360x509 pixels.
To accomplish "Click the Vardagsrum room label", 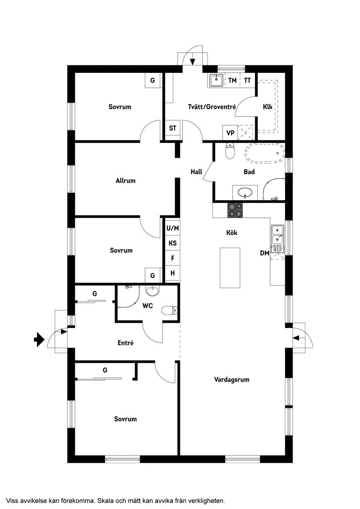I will point(232,379).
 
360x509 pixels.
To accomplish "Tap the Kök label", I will point(231,233).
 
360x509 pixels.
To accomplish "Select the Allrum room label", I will point(126,181).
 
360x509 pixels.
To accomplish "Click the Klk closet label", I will point(267,106).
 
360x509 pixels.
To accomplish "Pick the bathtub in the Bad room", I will point(264,154).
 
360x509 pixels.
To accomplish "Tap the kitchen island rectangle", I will point(230,267).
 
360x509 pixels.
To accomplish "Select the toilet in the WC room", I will point(169,311).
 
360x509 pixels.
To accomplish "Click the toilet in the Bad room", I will point(230,151).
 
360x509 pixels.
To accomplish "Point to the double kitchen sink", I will point(277,235).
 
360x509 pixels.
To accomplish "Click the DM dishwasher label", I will point(264,253).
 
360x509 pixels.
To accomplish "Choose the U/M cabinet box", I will point(172,228).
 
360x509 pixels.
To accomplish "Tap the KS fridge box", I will point(172,243).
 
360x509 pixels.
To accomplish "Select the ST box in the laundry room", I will point(173,128).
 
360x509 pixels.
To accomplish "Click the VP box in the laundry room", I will point(230,132).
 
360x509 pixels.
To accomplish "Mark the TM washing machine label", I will point(232,80).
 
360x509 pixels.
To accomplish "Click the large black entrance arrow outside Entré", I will point(39,339).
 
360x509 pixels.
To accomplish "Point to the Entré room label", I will point(125,343).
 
